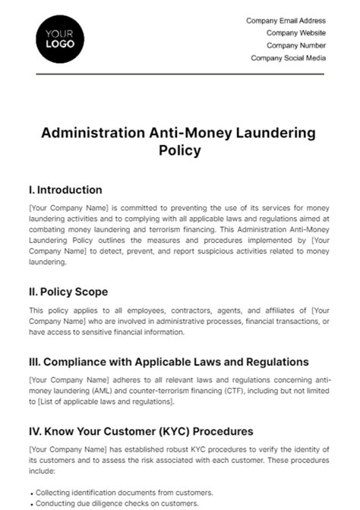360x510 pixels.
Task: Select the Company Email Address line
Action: point(286,21)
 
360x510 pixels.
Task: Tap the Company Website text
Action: point(295,33)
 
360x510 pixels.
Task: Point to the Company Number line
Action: point(295,46)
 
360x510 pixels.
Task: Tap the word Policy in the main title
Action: point(180,150)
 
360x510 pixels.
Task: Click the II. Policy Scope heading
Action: point(68,291)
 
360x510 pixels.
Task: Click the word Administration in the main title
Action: point(86,133)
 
